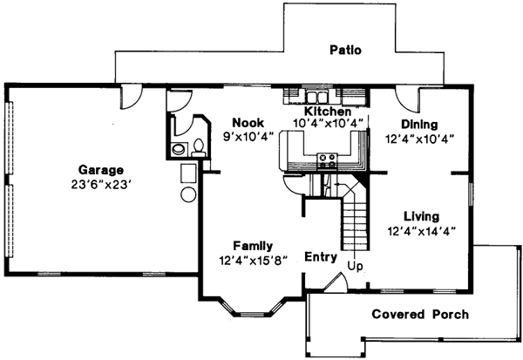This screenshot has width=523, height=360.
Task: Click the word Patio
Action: coord(345,50)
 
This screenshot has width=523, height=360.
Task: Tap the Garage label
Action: coord(100,170)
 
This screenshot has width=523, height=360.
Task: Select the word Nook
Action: coord(248,123)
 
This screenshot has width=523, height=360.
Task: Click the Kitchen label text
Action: coord(327,112)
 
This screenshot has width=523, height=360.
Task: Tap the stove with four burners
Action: coord(329,160)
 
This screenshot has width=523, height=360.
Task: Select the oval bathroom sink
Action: coord(180,150)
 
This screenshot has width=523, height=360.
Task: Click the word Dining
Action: coord(419,125)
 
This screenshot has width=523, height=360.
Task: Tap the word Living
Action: coord(421,216)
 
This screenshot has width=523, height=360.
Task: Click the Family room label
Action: coord(253,246)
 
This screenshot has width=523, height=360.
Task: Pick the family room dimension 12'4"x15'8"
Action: coord(253,260)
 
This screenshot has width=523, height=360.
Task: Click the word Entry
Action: coord(321,257)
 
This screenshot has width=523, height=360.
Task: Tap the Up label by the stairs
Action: coord(355,264)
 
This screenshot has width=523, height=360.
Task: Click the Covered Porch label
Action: coord(420,314)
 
